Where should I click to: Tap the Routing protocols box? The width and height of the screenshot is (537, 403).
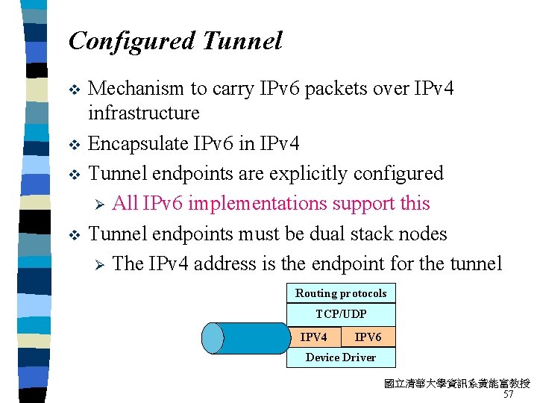coord(341,293)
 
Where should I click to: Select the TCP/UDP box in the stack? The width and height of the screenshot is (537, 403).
coord(341,314)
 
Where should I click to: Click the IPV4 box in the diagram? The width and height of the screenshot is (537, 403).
coord(313,337)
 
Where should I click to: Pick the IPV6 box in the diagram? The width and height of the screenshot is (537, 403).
coord(368,337)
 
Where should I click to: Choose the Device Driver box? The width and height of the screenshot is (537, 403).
coord(341,357)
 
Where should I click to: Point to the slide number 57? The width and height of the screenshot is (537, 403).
coord(509,394)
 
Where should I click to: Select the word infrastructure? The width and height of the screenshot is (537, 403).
coord(144,113)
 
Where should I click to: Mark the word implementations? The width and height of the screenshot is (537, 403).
coord(268,204)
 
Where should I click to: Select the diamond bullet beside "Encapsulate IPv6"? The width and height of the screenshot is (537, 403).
coord(73,144)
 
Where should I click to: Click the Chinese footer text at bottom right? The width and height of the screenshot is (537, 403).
coord(456,384)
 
